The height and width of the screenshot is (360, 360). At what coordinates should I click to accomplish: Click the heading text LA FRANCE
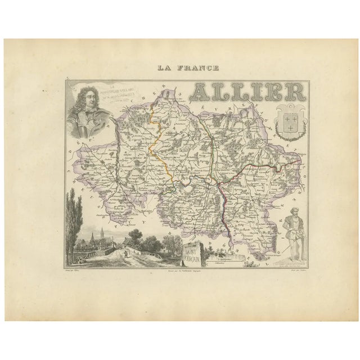click(x=181, y=69)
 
